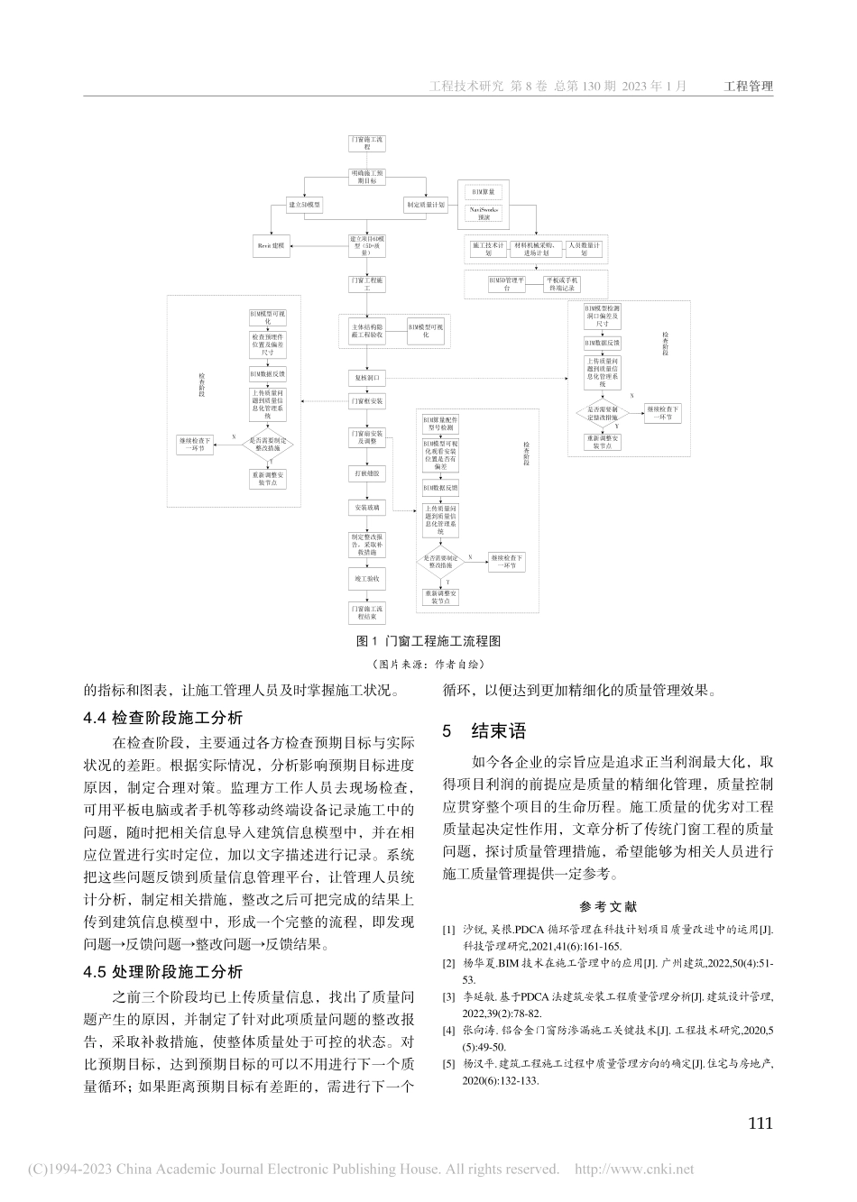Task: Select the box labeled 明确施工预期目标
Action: [366, 176]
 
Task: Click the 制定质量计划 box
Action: [425, 205]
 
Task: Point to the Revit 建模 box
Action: [271, 244]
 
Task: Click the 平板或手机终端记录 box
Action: [562, 284]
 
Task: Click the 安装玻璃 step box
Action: [366, 508]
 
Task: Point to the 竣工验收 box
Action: [366, 578]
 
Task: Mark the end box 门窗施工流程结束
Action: [366, 613]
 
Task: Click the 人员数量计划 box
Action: [585, 248]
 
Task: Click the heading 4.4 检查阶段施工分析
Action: [162, 719]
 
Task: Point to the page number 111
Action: [760, 1124]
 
